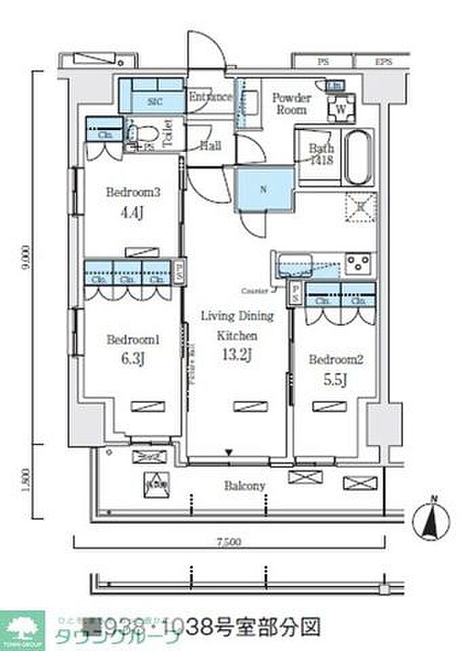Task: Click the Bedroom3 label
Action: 132,192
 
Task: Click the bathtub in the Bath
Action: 357,158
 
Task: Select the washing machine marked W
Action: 340,107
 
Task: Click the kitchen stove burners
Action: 358,262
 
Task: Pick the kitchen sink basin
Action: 294,262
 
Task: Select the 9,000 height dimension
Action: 25,258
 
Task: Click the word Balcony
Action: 244,486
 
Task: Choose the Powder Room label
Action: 292,104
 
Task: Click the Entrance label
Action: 210,97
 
